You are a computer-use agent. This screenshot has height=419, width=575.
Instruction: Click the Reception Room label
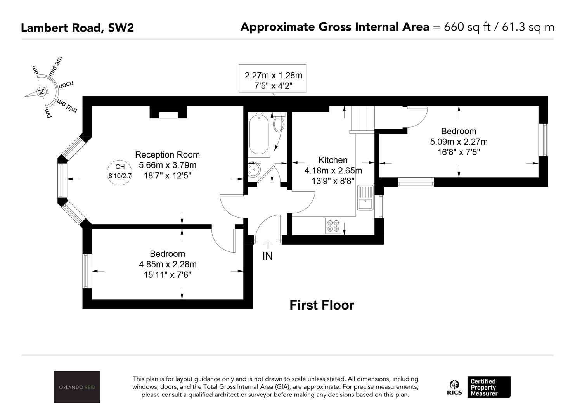167,155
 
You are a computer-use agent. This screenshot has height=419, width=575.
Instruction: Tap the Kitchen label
333,160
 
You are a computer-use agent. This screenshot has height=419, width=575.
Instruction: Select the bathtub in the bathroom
259,135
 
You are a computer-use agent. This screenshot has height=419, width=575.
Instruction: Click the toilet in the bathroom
278,122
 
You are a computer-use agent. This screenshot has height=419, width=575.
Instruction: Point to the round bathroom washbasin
254,170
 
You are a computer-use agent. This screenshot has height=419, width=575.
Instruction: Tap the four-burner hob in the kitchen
333,226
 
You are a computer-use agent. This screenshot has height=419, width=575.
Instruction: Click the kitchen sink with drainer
365,198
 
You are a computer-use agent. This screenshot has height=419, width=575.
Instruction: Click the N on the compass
42,92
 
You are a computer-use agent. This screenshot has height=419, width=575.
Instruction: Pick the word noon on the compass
66,85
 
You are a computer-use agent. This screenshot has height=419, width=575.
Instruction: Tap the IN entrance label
267,256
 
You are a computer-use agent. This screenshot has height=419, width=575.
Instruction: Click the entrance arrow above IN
268,244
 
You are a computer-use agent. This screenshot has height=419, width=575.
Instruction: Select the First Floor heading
322,305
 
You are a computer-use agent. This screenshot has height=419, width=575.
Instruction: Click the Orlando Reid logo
77,387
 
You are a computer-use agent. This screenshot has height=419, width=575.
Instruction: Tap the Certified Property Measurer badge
489,387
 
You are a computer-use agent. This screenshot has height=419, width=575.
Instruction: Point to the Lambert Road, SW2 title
77,28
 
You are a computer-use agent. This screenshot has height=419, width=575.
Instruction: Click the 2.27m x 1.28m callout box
272,78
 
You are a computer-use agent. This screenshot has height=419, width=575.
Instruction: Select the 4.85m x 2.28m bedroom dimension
168,264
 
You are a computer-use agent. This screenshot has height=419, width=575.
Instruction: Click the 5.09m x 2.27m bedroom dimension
459,142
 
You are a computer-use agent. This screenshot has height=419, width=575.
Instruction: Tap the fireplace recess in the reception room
168,113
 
